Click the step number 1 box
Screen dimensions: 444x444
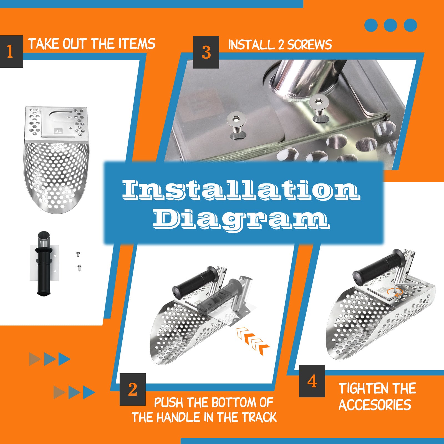[x=11, y=51]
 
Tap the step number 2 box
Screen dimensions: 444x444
[x=133, y=389]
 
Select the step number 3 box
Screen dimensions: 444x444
[x=206, y=52]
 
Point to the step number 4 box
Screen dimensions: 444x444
[x=312, y=381]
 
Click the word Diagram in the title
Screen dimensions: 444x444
[x=241, y=219]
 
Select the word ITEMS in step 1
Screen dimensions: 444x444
[x=137, y=44]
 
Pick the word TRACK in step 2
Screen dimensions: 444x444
[x=259, y=417]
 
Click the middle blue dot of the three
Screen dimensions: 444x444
[x=390, y=25]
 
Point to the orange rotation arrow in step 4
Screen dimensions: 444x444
[x=395, y=292]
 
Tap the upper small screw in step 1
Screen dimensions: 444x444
[x=78, y=254]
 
